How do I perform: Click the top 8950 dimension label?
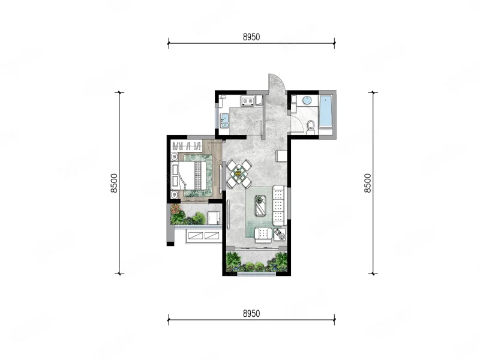(x=251, y=37)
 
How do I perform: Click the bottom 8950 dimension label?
(x=251, y=313)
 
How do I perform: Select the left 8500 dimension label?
(x=114, y=183)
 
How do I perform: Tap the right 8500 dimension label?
(x=367, y=183)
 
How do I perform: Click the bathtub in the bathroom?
(x=326, y=111)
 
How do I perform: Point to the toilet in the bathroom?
(x=311, y=127)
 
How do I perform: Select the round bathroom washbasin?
(x=307, y=100)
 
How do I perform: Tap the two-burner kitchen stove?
(x=248, y=100)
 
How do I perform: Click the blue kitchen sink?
(x=224, y=121)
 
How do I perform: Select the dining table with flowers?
(x=239, y=174)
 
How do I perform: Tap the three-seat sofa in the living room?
(x=279, y=205)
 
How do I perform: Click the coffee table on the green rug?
(x=260, y=205)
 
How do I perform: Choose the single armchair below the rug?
(x=263, y=235)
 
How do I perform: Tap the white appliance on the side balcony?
(x=213, y=218)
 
